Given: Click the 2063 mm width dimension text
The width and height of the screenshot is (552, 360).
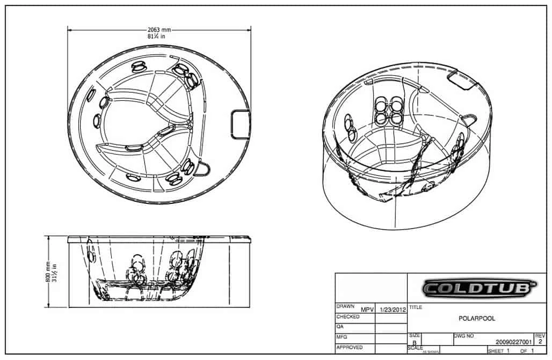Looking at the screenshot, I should tap(159, 30).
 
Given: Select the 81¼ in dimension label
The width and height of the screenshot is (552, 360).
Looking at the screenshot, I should tap(159, 37).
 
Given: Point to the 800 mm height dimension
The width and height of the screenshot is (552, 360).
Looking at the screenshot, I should tap(48, 271).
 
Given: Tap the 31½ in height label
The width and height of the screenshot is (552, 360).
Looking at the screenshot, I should tap(55, 271).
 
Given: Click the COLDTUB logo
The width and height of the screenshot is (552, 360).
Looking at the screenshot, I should tap(479, 288).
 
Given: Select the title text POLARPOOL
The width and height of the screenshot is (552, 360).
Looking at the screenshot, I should tap(477, 318).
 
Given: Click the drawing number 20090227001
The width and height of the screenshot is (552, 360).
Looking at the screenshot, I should tap(514, 341).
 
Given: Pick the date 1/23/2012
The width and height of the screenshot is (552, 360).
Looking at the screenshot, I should tap(393, 310).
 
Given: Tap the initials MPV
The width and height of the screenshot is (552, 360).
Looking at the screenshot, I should tap(367, 310).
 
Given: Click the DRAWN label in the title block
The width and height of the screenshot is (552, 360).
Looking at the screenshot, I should tap(346, 306).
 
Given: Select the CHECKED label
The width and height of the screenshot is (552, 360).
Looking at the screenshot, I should tap(348, 317).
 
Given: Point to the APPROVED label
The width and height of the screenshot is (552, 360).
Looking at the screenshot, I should tap(349, 347).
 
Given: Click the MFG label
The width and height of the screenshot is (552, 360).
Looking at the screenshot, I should tap(342, 337).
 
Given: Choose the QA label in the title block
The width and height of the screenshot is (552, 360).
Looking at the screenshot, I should tap(340, 327).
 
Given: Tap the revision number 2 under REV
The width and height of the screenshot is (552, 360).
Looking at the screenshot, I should tap(540, 341).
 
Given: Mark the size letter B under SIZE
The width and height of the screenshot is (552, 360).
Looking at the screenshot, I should tap(415, 342).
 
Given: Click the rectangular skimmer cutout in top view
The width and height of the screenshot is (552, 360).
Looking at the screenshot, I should tap(240, 124).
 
